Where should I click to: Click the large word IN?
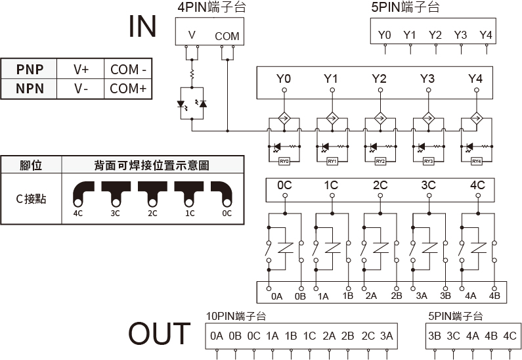coord(142,26)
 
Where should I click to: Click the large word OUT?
coord(159,334)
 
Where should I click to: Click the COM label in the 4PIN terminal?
coord(227,36)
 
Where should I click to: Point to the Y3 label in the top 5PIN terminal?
coord(460,34)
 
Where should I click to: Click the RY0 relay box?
coord(284,161)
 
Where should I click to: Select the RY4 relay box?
coord(476,161)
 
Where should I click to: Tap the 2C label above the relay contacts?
coord(380,185)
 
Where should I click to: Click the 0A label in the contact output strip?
coord(276,296)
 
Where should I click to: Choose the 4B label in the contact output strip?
coord(494,296)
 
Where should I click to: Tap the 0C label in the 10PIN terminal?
coord(253,336)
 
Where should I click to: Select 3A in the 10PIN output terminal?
coord(385,336)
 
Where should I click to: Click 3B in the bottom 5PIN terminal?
coord(434,336)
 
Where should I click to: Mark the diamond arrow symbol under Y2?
coord(379,119)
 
